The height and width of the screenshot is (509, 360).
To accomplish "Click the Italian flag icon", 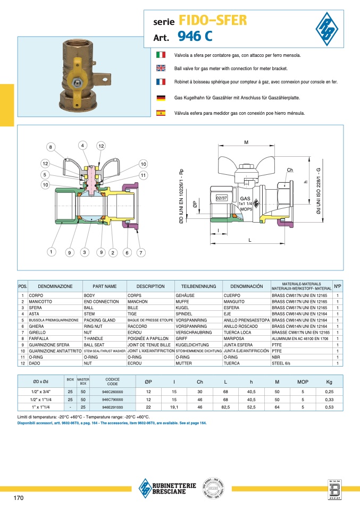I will click(161, 55).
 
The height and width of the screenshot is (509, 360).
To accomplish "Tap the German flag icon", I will click(161, 98).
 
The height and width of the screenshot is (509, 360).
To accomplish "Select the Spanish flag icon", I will click(161, 113).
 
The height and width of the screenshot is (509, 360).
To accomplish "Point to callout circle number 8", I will click(51, 147).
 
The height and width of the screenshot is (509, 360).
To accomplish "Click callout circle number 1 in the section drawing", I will click(51, 252).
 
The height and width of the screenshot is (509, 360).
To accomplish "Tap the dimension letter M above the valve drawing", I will click(246, 142).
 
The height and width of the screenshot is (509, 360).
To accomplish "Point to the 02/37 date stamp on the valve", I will click(222, 198).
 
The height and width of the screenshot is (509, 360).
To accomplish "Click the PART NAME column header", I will click(104, 286).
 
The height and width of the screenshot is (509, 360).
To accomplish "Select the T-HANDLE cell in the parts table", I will click(95, 338).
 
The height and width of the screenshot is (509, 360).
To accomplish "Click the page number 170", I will click(19, 498).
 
